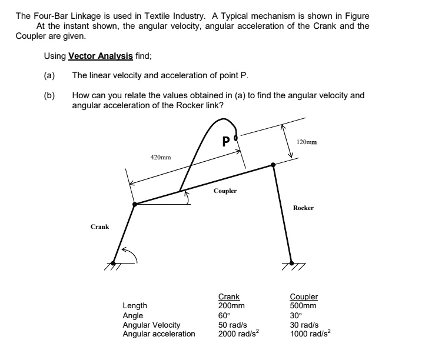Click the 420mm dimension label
(161, 158)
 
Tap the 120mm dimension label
(308, 142)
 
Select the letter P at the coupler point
(226, 142)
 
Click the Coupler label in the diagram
(225, 191)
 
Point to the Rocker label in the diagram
(303, 208)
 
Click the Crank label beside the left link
(99, 226)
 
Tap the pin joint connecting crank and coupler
(135, 204)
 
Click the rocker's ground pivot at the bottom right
(291, 263)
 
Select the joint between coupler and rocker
(273, 165)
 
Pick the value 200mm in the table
(231, 306)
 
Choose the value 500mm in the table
(303, 306)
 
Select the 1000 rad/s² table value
(310, 334)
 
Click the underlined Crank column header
(229, 297)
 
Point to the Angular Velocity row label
(151, 325)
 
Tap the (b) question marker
(49, 95)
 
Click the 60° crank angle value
(224, 315)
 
